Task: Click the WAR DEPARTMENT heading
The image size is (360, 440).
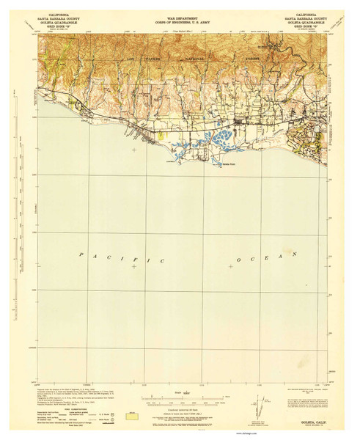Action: point(180,14)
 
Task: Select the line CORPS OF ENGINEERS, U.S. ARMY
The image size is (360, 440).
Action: point(180,18)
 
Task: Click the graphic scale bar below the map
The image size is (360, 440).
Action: point(180,401)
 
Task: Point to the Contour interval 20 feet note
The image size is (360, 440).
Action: point(180,390)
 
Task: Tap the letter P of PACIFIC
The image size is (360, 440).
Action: point(83,254)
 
